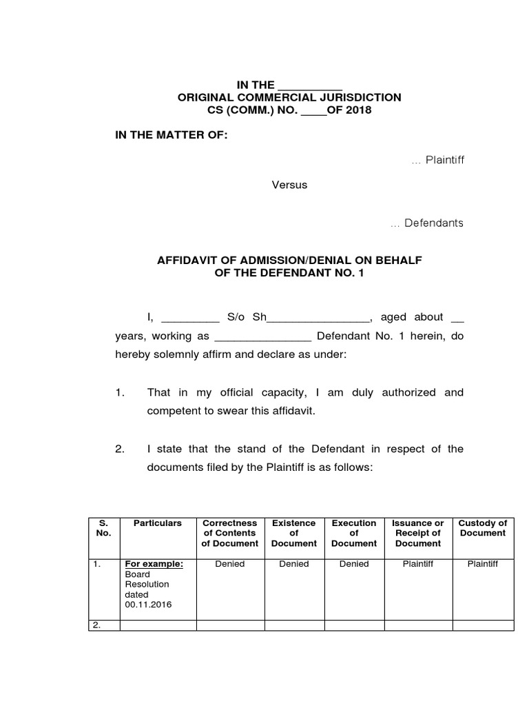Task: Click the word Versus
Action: pyautogui.click(x=289, y=185)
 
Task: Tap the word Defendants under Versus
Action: pyautogui.click(x=433, y=223)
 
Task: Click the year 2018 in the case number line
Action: pyautogui.click(x=357, y=110)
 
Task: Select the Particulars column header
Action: pyautogui.click(x=158, y=523)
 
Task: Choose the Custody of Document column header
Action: pyautogui.click(x=482, y=528)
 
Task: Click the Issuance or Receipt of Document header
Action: pyautogui.click(x=417, y=533)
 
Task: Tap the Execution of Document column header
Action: pyautogui.click(x=354, y=533)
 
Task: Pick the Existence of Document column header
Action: pyautogui.click(x=293, y=533)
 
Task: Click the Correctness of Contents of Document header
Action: pyautogui.click(x=230, y=533)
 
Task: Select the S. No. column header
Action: pyautogui.click(x=104, y=528)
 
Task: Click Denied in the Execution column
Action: pyautogui.click(x=354, y=564)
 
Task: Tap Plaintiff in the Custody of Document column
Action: pyautogui.click(x=482, y=564)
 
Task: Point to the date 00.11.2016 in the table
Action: pyautogui.click(x=148, y=604)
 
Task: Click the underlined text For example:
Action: pyautogui.click(x=154, y=564)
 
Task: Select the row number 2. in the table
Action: pyautogui.click(x=97, y=625)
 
